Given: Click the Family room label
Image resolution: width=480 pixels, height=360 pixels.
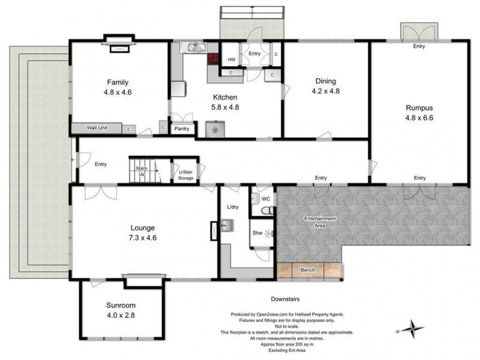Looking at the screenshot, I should pyautogui.click(x=118, y=82).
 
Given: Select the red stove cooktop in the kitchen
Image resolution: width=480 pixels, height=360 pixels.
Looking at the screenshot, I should pyautogui.click(x=213, y=59).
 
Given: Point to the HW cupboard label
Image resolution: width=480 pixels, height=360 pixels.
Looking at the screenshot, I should pyautogui.click(x=231, y=59).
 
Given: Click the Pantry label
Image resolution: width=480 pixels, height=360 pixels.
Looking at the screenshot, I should pyautogui.click(x=181, y=128).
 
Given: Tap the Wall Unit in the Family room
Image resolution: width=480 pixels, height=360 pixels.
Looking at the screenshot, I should pyautogui.click(x=97, y=128).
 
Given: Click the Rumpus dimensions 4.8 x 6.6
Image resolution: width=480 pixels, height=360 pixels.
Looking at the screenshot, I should pyautogui.click(x=419, y=118).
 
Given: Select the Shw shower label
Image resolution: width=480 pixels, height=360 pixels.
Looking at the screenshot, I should pyautogui.click(x=257, y=233).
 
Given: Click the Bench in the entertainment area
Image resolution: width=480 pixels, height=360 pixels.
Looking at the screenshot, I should pyautogui.click(x=307, y=270).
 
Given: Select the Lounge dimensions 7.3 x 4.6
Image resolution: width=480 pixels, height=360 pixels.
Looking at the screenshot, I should pyautogui.click(x=143, y=238).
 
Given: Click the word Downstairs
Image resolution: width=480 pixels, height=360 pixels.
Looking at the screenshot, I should pyautogui.click(x=285, y=298).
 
